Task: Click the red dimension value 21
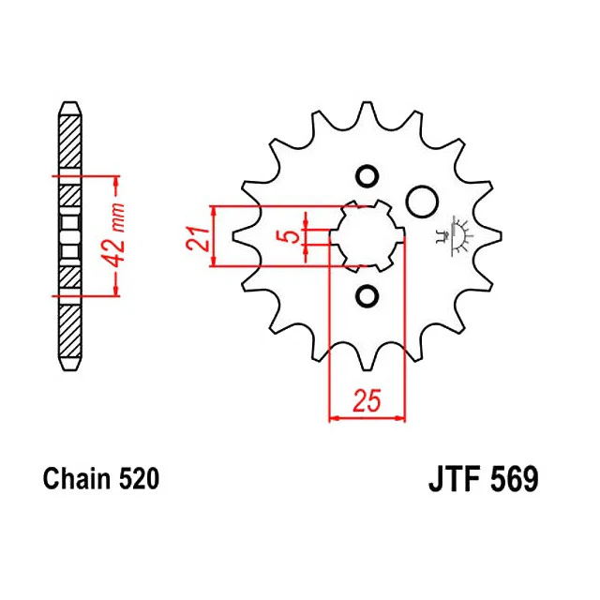(x=198, y=239)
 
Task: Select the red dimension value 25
(x=367, y=400)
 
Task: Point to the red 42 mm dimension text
(x=114, y=235)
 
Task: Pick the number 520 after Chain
(x=139, y=479)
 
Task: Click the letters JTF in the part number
(x=454, y=479)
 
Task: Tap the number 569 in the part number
(x=514, y=479)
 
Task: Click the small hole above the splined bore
(x=367, y=176)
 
